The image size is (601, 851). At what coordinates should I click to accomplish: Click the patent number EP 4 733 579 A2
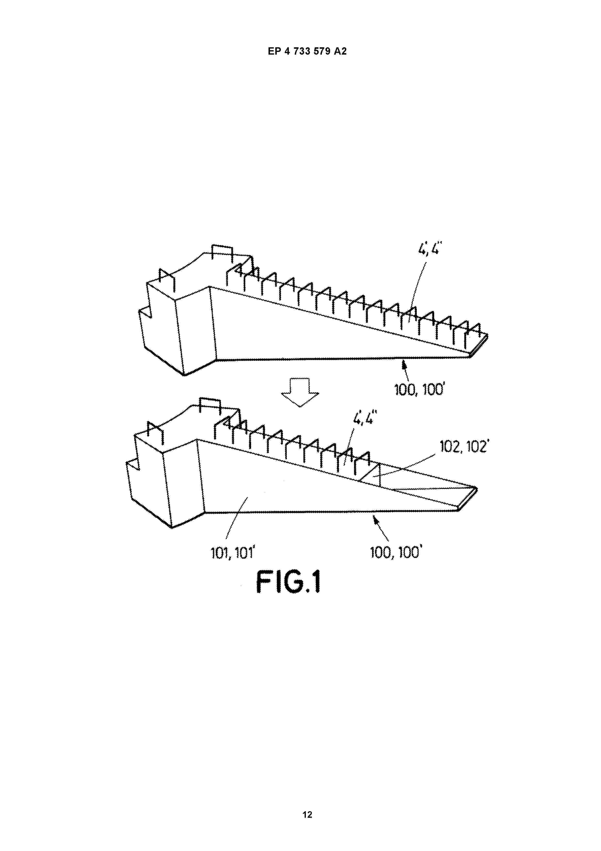[x=307, y=51]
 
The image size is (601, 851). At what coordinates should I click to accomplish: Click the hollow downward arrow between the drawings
[x=300, y=392]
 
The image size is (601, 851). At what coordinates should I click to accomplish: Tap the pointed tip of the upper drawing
[x=487, y=336]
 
